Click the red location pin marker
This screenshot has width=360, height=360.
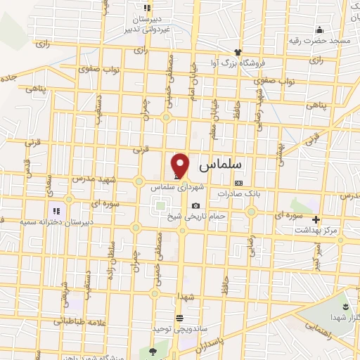181,165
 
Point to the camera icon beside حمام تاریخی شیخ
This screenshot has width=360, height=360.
195,205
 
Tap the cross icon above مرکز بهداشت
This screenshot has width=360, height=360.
316,219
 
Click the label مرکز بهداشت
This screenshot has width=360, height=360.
316,230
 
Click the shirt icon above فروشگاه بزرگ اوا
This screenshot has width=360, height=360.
238,52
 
